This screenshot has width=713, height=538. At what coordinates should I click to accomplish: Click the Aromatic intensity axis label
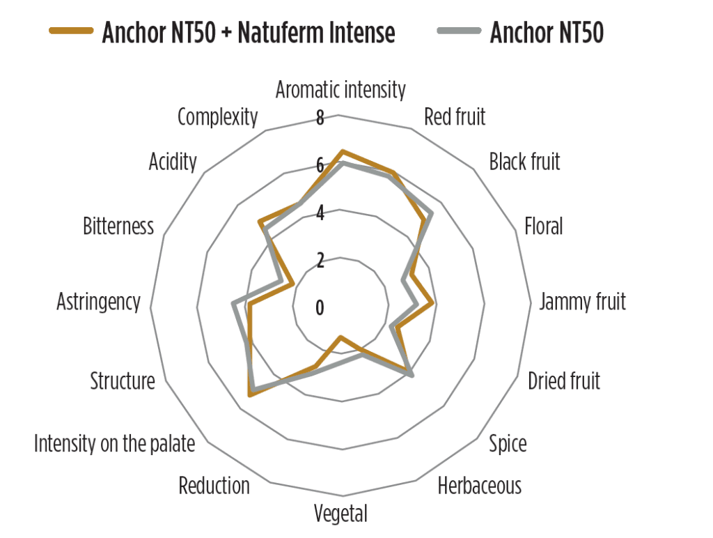pos(340,90)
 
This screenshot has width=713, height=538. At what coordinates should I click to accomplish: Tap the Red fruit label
pos(455,116)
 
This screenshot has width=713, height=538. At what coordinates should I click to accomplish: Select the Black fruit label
pos(524,162)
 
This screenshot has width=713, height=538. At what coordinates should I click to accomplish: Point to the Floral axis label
pos(543,226)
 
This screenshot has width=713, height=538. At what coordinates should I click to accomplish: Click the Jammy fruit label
pos(583,302)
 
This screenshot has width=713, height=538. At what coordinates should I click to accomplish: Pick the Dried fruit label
pos(564,381)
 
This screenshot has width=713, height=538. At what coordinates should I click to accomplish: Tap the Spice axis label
pos(508,443)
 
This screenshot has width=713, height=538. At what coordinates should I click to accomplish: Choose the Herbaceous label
pos(479,486)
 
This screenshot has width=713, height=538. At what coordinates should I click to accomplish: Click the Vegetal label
pos(340,514)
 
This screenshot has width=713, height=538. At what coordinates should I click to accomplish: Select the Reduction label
pos(214,486)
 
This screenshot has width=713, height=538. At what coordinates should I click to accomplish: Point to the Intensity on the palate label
pos(115,443)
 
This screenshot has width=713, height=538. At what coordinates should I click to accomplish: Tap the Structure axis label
pos(123,381)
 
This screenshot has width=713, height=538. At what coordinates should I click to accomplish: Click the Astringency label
pos(99,302)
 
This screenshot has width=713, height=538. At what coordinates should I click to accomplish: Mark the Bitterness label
pos(118,226)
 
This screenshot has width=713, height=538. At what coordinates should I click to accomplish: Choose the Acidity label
pos(173,162)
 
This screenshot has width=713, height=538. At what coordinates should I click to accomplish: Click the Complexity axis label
pos(218,117)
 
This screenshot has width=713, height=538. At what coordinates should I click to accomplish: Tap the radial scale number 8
pos(320,118)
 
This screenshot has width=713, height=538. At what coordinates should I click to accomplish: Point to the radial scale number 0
pos(320,308)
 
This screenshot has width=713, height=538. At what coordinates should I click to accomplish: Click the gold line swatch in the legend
pos(72,31)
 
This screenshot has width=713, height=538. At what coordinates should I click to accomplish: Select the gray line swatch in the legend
pos(460,31)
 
